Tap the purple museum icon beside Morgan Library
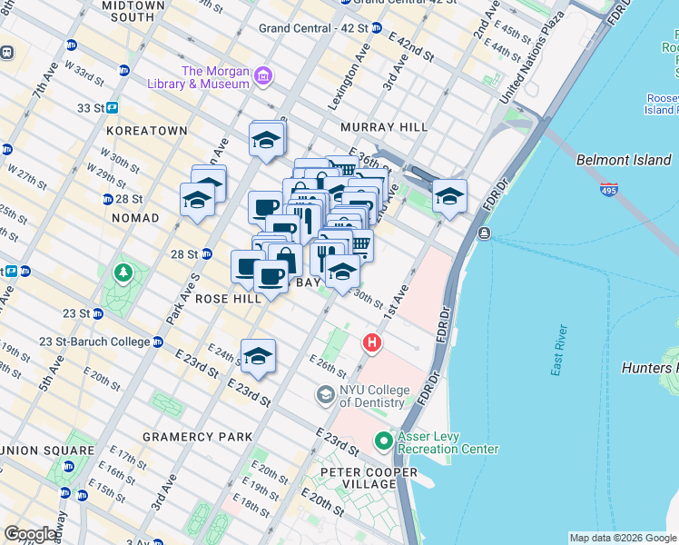click(263, 74)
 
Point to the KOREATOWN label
click(146, 131)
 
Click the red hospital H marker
click(371, 343)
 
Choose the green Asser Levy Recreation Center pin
click(384, 441)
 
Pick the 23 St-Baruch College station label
click(94, 342)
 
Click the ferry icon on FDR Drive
click(484, 233)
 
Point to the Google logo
click(31, 534)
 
